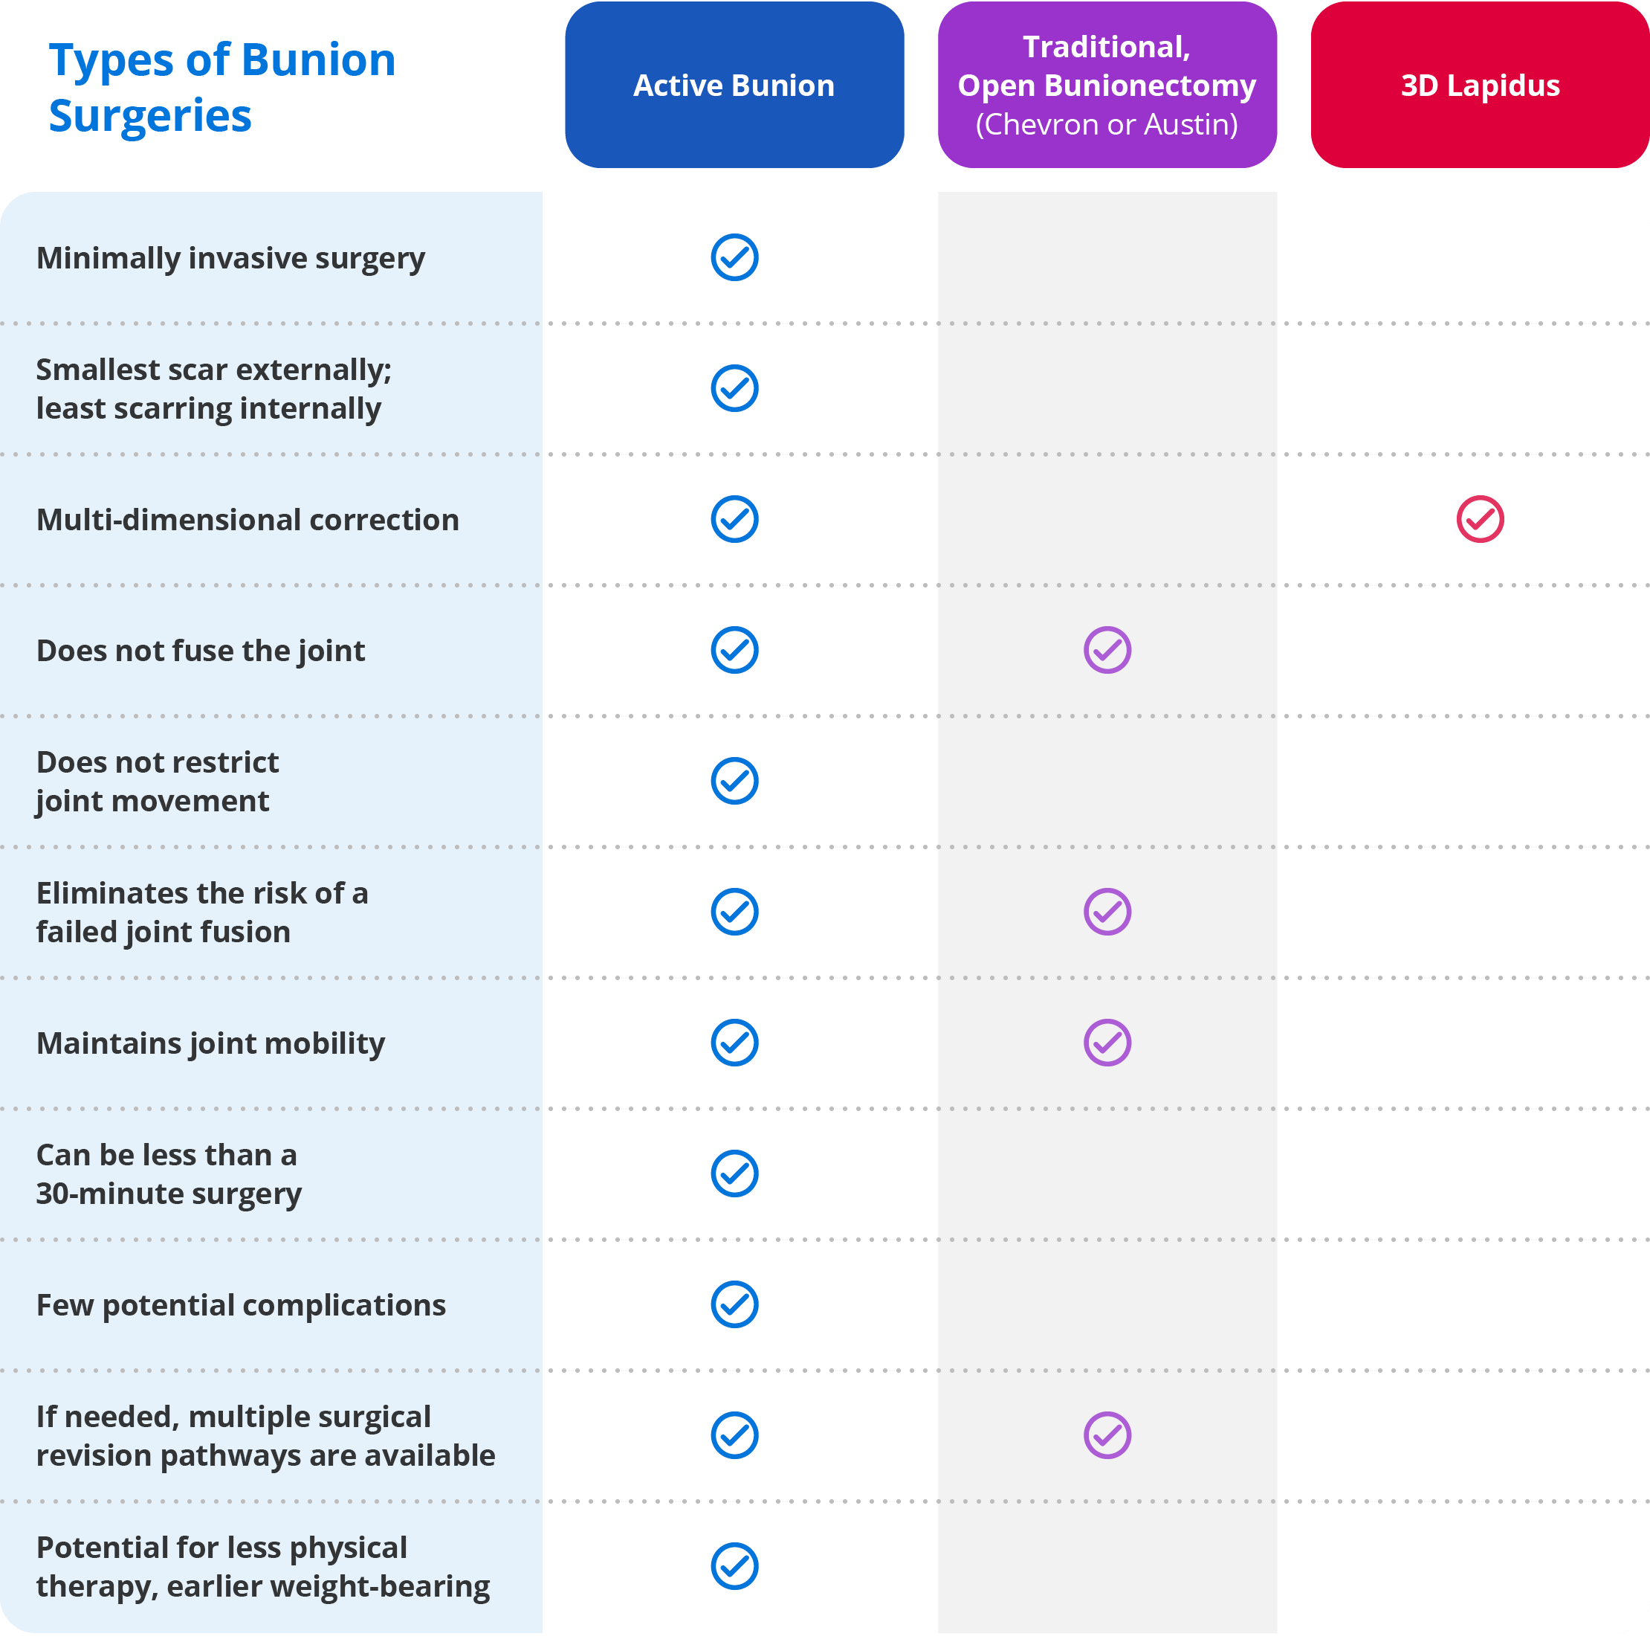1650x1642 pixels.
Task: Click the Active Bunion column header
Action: point(734,86)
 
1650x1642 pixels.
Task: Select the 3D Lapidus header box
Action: point(1479,86)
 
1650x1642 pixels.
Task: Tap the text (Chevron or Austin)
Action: point(1106,125)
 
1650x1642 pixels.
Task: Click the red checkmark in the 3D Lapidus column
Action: point(1479,519)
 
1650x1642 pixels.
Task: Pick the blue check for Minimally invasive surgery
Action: point(734,257)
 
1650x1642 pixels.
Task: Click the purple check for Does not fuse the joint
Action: point(1107,650)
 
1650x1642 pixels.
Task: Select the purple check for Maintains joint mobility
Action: point(1107,1043)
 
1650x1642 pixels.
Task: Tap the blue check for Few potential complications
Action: point(734,1304)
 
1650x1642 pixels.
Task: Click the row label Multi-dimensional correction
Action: point(247,519)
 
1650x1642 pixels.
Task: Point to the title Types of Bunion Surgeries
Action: point(222,87)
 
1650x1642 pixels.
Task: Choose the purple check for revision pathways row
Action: point(1107,1435)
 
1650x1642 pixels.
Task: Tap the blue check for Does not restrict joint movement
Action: point(734,781)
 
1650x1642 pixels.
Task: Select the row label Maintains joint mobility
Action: point(210,1043)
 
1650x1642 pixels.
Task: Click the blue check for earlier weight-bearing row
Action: point(734,1566)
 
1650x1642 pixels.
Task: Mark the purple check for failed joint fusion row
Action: point(1107,912)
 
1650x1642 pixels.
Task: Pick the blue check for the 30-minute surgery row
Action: point(734,1173)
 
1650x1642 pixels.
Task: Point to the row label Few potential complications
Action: point(241,1305)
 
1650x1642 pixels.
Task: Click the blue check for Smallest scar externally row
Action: point(734,389)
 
